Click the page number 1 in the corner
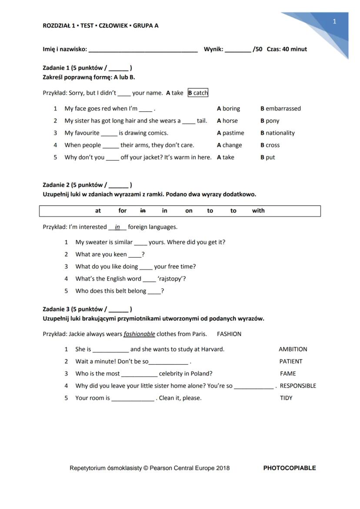point(334,21)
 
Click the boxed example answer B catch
point(198,93)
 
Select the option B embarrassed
point(280,109)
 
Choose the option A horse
point(227,121)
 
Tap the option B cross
point(270,145)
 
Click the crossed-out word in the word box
point(143,211)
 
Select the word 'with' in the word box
point(258,211)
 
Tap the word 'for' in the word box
point(123,211)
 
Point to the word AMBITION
point(293,349)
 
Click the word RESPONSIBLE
point(298,386)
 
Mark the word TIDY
point(286,398)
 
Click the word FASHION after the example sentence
point(229,334)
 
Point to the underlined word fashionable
point(139,334)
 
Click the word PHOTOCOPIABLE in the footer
point(290,468)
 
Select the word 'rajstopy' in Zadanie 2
point(171,279)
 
